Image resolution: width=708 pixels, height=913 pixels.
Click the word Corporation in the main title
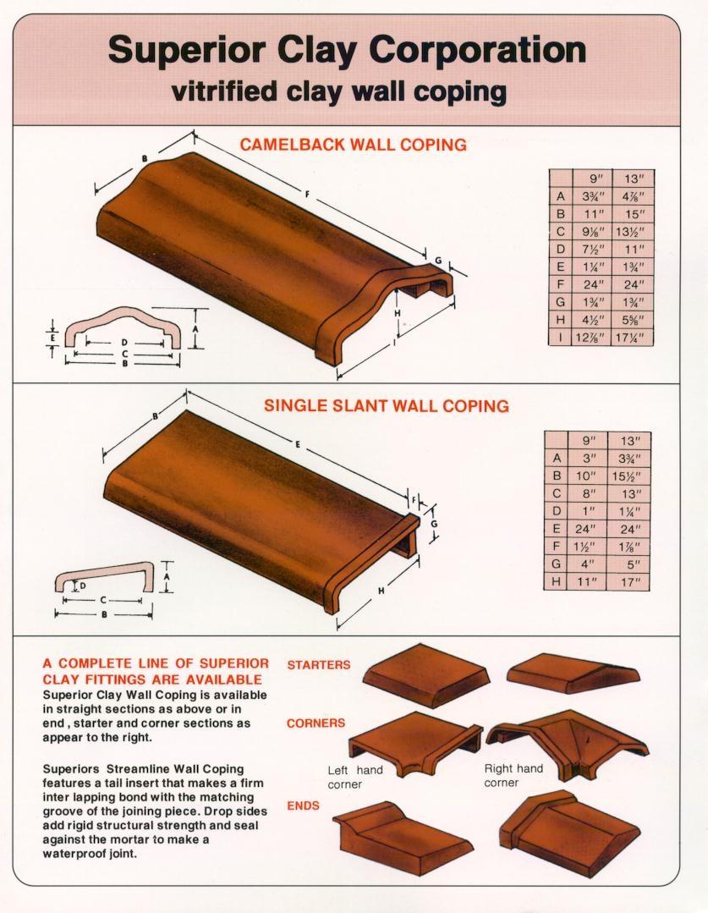coord(477,50)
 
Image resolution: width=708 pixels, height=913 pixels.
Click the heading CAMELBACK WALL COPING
coord(354,145)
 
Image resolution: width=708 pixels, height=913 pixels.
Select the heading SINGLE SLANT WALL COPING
coord(387,405)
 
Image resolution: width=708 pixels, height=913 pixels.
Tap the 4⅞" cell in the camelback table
coord(632,196)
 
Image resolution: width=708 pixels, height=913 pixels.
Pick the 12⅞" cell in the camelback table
coord(592,337)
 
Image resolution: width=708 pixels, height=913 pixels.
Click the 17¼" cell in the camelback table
coord(632,337)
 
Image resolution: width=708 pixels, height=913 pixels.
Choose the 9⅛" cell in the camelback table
coord(592,232)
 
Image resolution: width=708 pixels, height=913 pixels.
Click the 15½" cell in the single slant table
coord(627,476)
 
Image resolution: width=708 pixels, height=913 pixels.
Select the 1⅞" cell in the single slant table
coord(627,546)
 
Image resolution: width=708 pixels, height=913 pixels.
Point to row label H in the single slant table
coord(556,581)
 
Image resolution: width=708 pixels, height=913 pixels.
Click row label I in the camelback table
coord(560,337)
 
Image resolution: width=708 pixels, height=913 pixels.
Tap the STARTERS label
coord(319,664)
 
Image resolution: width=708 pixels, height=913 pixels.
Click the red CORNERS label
coord(316,723)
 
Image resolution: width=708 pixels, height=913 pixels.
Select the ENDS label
coord(304,806)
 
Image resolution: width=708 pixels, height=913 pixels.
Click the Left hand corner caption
coord(355,777)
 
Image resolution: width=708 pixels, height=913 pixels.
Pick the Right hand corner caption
coord(513,776)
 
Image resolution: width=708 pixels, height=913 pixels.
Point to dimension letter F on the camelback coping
coord(307,194)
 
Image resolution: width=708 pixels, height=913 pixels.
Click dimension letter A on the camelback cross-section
coord(195,328)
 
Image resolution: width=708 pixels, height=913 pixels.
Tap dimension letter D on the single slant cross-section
coord(83,586)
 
